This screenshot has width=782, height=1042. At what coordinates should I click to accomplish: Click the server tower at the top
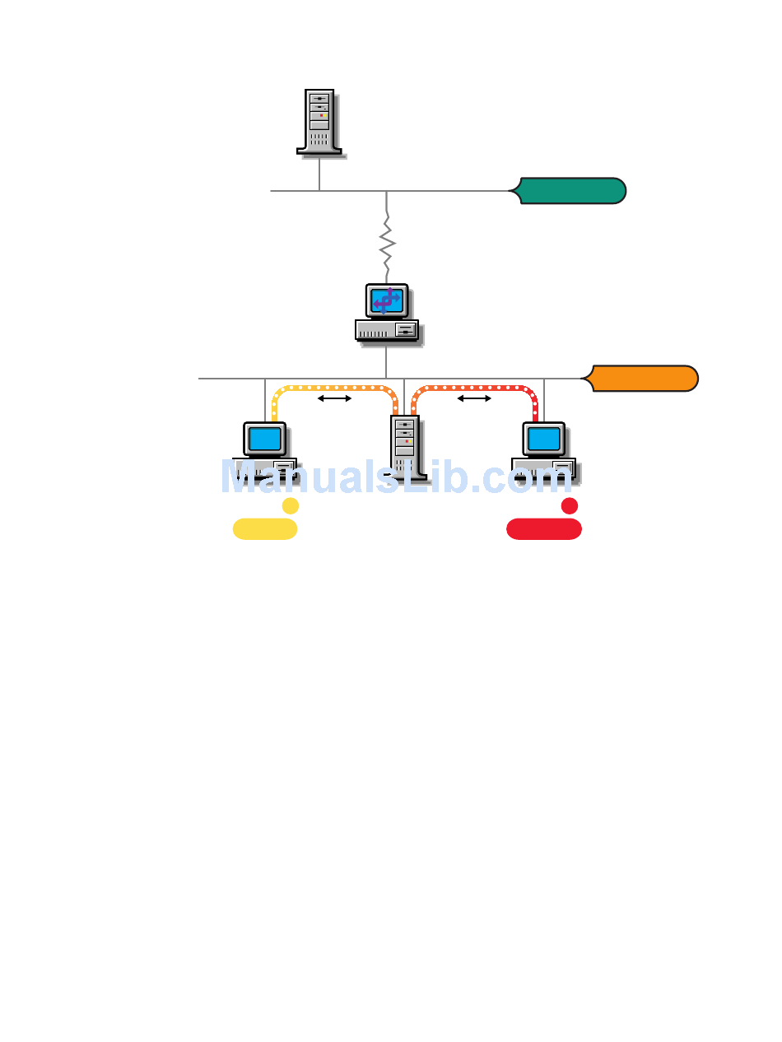319,121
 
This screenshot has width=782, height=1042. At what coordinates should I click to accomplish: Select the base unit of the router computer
386,329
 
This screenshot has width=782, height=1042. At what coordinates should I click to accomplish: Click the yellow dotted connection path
333,387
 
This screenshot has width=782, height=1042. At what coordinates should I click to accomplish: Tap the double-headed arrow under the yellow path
335,399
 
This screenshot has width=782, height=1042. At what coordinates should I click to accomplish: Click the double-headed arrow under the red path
474,399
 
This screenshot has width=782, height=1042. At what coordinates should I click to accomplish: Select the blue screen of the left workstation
265,439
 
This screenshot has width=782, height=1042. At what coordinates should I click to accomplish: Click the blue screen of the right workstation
544,439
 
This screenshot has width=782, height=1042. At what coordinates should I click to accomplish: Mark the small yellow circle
291,505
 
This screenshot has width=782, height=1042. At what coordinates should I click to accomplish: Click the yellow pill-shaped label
265,529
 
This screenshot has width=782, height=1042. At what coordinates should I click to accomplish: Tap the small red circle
570,505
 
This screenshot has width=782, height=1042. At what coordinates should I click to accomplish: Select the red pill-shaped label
544,529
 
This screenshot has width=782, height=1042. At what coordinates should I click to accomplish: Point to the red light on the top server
320,116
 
